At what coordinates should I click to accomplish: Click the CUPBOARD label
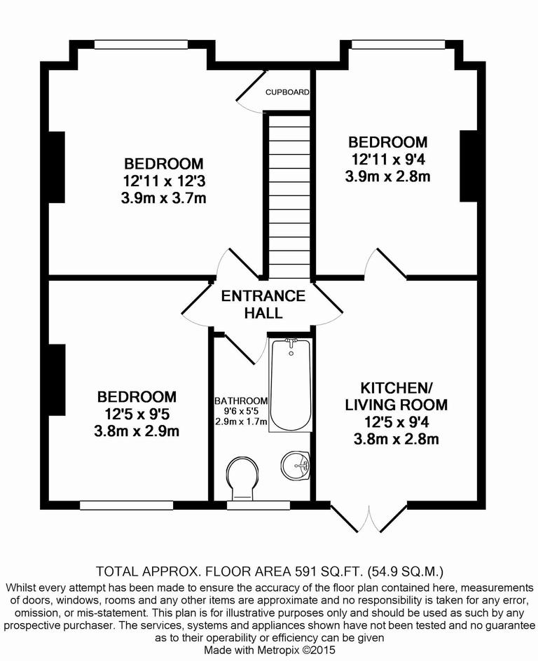(x=287, y=92)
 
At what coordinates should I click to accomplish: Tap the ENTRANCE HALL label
(x=263, y=304)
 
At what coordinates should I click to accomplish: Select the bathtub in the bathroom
(x=291, y=384)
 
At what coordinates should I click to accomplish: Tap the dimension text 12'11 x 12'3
(x=164, y=181)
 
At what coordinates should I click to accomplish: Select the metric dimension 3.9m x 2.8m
(x=387, y=176)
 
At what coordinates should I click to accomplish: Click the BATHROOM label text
(x=241, y=401)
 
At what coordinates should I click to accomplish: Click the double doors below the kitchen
(x=368, y=517)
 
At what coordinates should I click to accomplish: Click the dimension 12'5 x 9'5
(x=137, y=414)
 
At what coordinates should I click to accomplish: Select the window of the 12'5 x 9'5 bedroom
(x=126, y=504)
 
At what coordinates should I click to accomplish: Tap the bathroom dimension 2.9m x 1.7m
(x=241, y=422)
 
